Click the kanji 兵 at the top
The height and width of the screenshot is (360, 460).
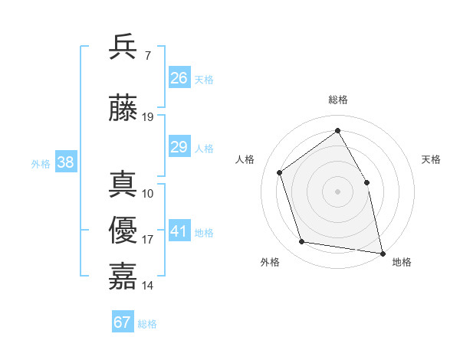[123, 47]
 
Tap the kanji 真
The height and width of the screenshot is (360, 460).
[123, 185]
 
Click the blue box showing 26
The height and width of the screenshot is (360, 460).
[179, 78]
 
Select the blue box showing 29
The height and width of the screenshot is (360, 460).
[179, 148]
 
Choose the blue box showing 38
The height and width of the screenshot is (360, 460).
[65, 162]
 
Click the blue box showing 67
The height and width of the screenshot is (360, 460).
[122, 322]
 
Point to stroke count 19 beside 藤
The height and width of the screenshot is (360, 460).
[148, 117]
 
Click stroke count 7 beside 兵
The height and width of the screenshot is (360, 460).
[147, 56]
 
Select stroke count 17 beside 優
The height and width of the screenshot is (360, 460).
[148, 240]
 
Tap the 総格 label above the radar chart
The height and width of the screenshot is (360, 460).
[337, 100]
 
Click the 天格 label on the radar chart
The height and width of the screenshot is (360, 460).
[432, 159]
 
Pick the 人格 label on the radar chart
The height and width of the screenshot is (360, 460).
[245, 159]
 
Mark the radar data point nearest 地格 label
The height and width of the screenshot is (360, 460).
[381, 252]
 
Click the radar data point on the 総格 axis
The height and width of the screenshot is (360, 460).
[337, 130]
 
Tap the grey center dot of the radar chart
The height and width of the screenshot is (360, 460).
[337, 191]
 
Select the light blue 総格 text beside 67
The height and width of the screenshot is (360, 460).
[147, 324]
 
